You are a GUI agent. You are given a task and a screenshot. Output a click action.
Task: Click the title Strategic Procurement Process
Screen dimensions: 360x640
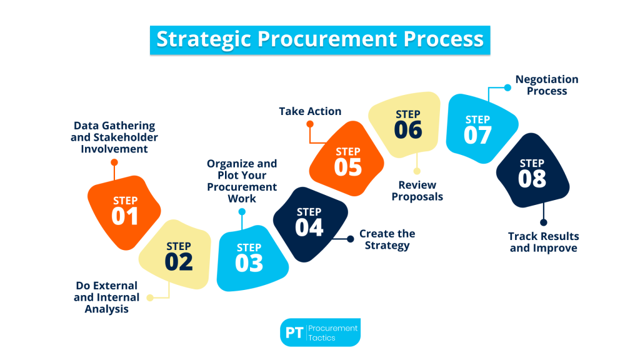coord(320,39)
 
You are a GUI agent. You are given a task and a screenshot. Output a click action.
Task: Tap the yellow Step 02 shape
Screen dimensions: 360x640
coord(177,255)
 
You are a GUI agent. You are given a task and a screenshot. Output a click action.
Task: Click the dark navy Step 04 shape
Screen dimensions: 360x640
coord(310,221)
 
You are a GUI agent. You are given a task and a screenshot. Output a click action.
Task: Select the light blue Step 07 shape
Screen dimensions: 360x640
coord(479,129)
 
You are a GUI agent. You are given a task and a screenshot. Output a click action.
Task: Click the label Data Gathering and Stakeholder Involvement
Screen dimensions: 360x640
coord(114,137)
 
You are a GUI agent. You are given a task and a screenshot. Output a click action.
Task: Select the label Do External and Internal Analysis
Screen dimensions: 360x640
coord(106,297)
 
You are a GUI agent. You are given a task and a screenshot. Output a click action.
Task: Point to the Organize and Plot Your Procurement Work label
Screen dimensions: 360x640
coord(242,181)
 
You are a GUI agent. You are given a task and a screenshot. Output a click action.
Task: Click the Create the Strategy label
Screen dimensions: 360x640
coord(387,239)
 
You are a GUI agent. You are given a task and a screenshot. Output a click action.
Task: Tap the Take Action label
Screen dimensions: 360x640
coord(310,111)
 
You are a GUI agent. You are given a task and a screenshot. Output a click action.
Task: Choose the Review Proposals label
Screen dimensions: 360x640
coord(417,191)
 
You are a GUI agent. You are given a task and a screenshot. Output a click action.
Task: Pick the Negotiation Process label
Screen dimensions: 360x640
coord(547,85)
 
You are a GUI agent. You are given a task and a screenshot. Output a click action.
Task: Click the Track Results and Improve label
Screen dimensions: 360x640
coord(543,242)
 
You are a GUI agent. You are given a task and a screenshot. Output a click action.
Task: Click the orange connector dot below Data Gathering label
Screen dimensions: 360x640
coord(114,162)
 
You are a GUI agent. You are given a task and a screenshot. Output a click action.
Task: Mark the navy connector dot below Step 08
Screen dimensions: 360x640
coord(543,222)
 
